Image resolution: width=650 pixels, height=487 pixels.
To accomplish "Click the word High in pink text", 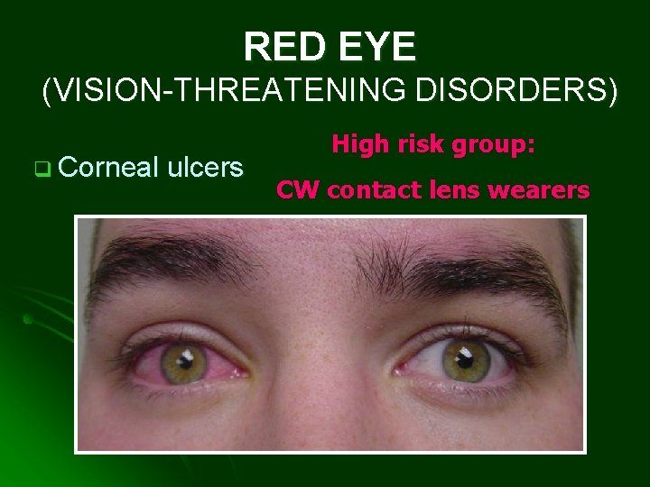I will [357, 143].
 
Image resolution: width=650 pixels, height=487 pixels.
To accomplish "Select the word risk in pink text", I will [416, 143].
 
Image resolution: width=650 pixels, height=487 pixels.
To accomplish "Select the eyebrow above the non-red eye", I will [469, 271].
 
